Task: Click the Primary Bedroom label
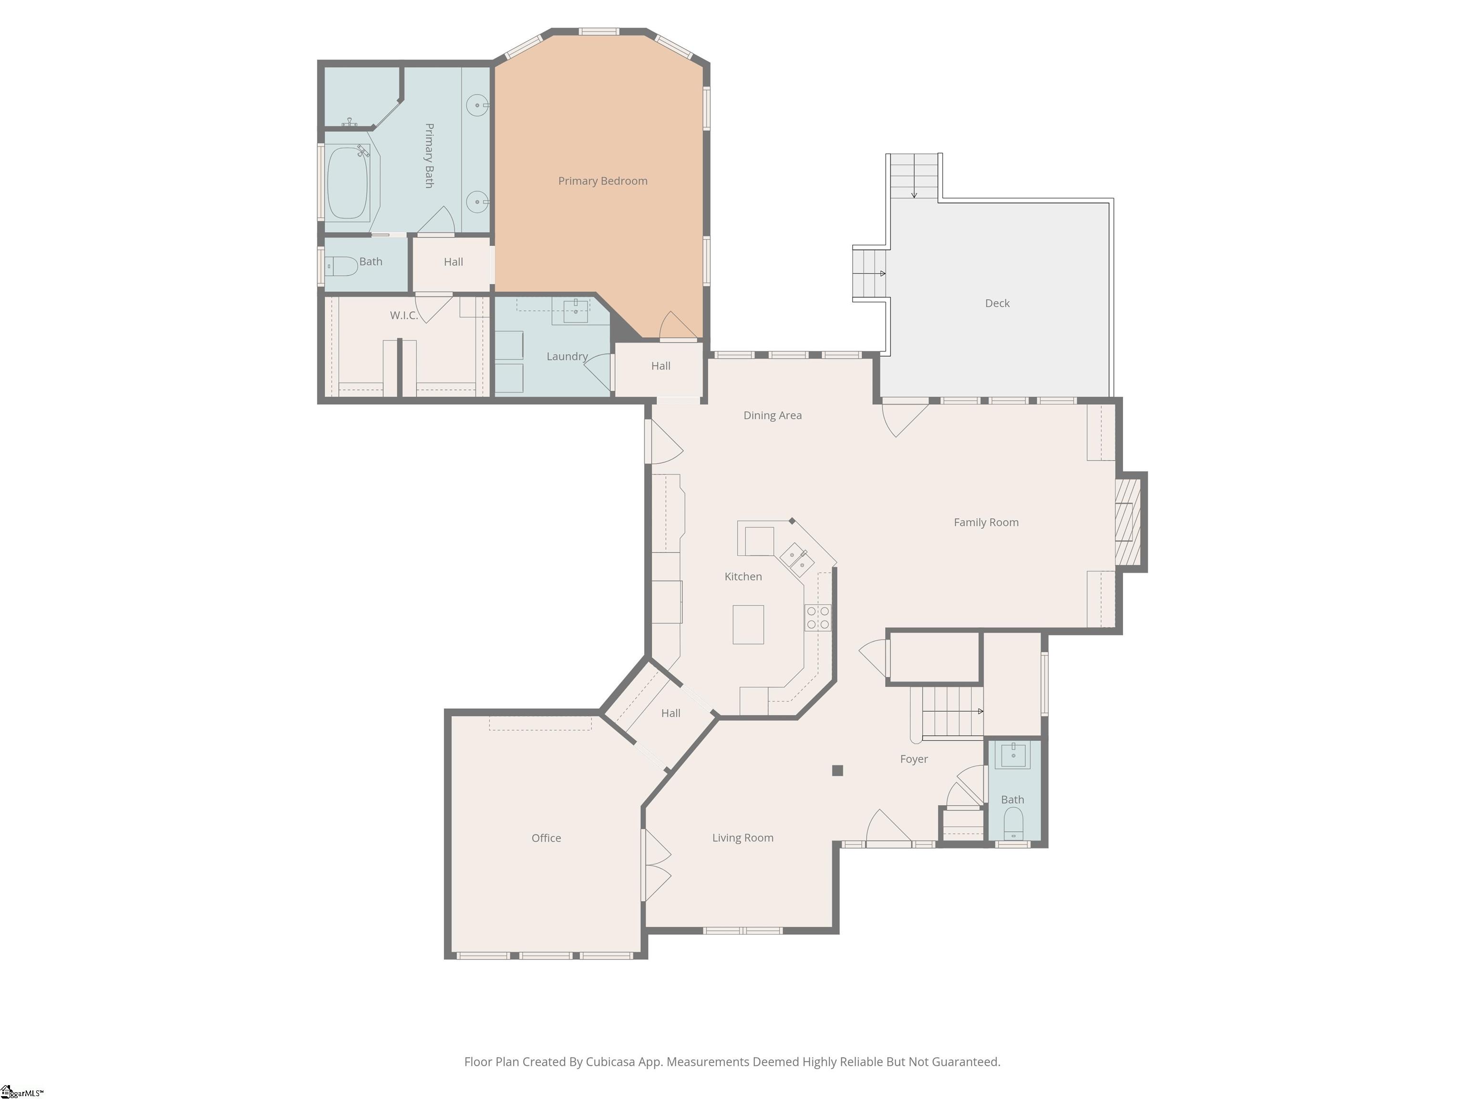click(602, 181)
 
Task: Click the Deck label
click(997, 303)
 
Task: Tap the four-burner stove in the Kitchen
click(818, 617)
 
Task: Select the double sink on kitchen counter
click(797, 559)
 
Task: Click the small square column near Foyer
click(837, 770)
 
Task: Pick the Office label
click(546, 838)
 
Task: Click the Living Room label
click(743, 838)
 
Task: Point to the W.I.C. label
click(403, 315)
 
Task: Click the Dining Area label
click(772, 415)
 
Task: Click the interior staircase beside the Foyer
click(951, 712)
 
